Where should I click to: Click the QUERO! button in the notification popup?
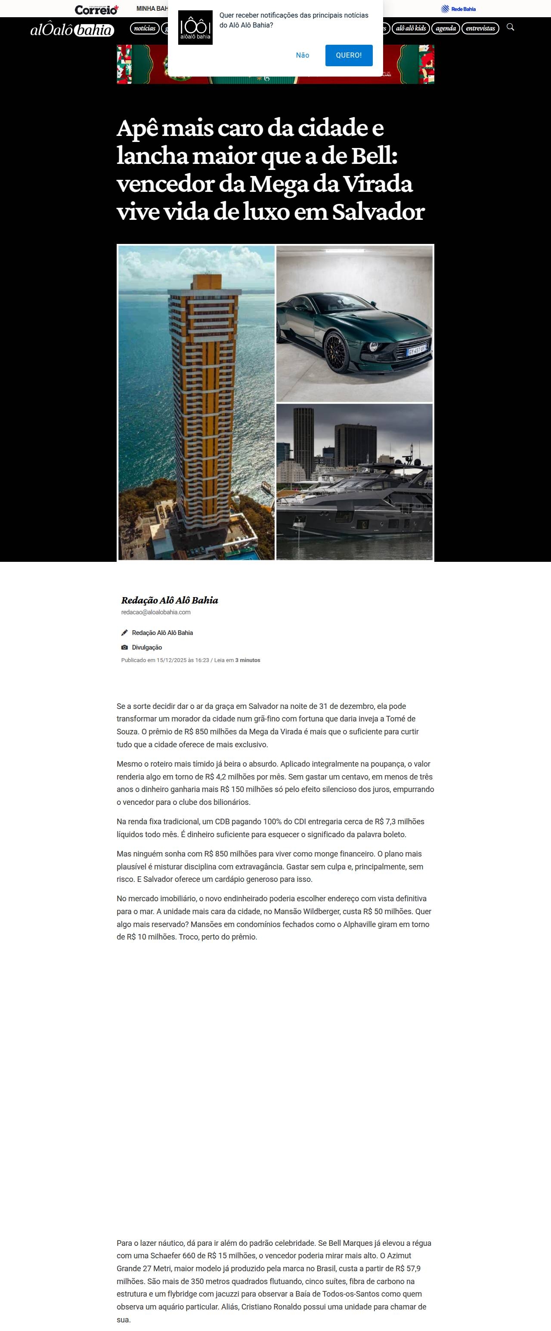coord(348,55)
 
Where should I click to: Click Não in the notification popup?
coord(302,55)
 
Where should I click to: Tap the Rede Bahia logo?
coord(458,9)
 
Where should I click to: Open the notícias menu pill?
coord(145,28)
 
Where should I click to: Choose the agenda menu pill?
coord(446,28)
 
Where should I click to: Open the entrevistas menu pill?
coord(480,28)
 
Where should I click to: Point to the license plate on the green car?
coord(417,351)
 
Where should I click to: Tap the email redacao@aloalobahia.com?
coord(155,612)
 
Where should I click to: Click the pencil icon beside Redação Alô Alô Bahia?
coord(124,632)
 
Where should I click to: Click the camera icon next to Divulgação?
coord(124,647)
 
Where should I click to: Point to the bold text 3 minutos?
coord(248,660)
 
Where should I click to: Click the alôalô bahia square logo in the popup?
coord(195,28)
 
